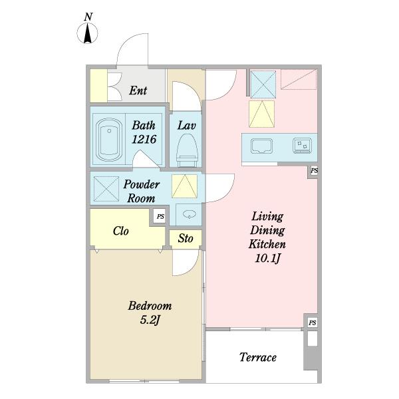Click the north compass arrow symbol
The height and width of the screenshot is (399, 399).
[x=87, y=33]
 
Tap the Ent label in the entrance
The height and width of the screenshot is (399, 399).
[x=138, y=90]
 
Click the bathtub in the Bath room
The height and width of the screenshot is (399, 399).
[x=109, y=140]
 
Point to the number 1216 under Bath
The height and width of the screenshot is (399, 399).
[x=144, y=139]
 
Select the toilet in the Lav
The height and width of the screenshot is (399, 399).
[x=187, y=150]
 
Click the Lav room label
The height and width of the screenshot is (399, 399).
[x=187, y=126]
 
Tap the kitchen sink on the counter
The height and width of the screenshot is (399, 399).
[x=261, y=146]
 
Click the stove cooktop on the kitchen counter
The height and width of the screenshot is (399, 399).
[x=302, y=146]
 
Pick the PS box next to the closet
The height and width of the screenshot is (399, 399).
[x=160, y=216]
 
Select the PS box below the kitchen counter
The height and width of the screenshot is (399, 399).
[x=315, y=170]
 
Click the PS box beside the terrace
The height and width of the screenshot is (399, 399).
[x=313, y=323]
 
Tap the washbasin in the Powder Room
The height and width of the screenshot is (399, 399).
[x=190, y=214]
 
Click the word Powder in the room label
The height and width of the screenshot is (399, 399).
[x=142, y=184]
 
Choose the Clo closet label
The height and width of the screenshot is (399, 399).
[x=121, y=231]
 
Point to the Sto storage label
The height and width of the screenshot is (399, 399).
[x=186, y=239]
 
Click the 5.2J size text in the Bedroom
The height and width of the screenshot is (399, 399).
[x=150, y=320]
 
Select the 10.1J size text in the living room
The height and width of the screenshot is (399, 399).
[x=268, y=259]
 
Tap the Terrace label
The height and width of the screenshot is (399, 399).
[x=258, y=357]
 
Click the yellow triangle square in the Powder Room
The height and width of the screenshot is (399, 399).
[x=184, y=186]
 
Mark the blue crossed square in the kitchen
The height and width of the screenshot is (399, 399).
[x=263, y=84]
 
